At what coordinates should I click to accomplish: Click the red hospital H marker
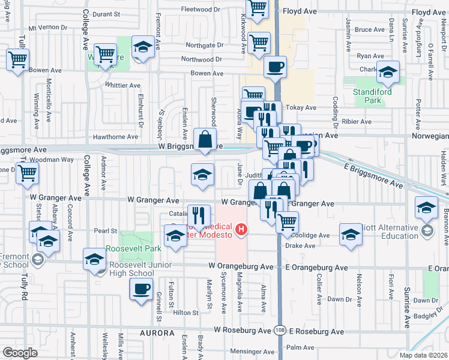point(241,229)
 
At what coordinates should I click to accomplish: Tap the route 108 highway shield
point(280,331)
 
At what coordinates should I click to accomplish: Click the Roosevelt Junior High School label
point(132,269)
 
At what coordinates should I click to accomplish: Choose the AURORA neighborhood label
point(157,332)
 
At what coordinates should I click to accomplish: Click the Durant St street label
point(122,13)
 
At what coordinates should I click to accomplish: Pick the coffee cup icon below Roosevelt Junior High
point(141,290)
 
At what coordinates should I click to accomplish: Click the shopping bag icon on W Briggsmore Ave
point(205,139)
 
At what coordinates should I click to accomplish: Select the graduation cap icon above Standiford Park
point(388,73)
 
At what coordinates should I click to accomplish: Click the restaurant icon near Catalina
point(199,214)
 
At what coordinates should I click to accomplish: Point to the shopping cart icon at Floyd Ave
point(257,7)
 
